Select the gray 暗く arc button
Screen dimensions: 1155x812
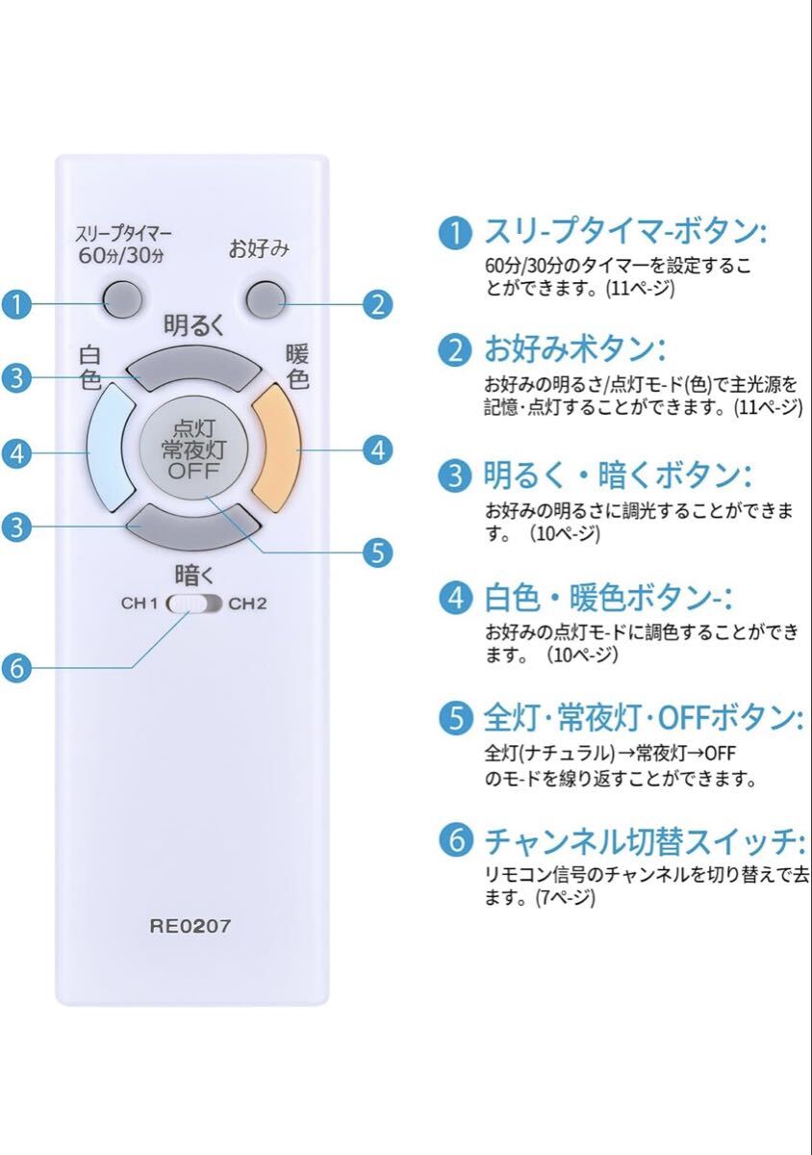(x=193, y=525)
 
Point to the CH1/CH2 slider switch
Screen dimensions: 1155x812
(x=194, y=604)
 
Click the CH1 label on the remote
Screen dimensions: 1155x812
(x=140, y=604)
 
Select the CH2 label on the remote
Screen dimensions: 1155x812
(x=247, y=604)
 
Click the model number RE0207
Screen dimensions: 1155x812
(x=190, y=927)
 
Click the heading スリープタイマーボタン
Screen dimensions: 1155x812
(x=626, y=232)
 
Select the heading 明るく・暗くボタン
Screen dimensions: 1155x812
(x=618, y=475)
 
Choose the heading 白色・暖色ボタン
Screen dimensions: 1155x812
(x=608, y=598)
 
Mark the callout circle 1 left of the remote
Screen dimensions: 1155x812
(x=16, y=305)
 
